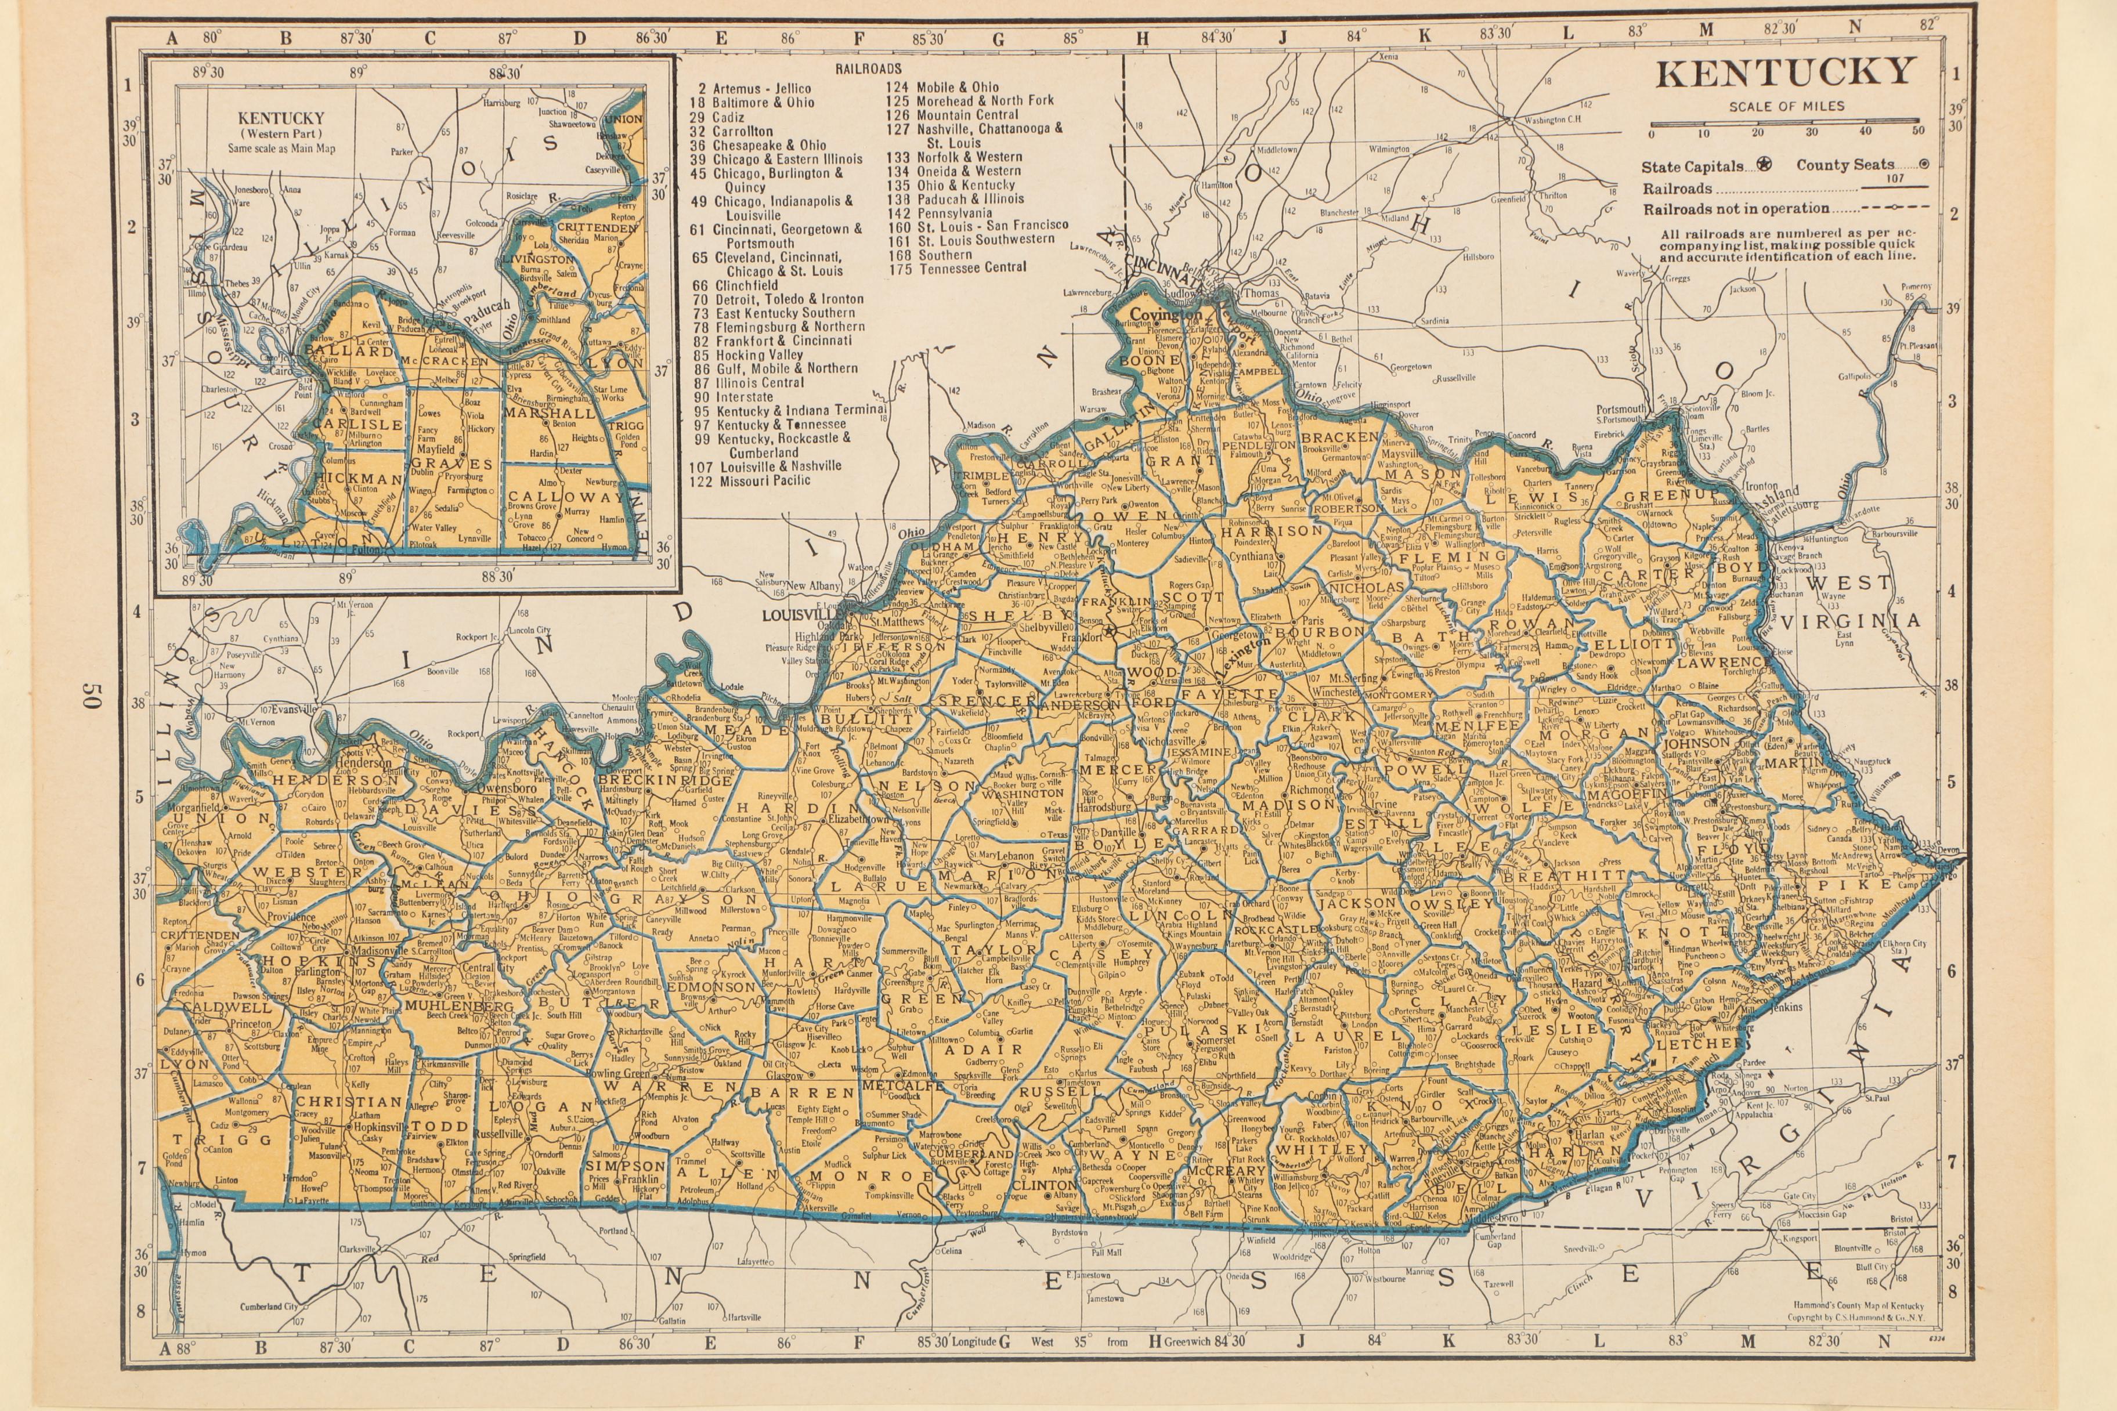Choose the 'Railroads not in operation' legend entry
coord(1736,209)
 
